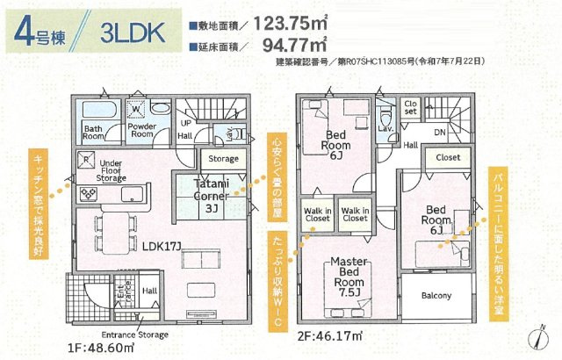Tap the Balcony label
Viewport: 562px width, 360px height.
tap(436, 296)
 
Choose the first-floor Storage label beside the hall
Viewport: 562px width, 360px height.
tap(224, 159)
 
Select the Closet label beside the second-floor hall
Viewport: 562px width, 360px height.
tap(448, 157)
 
